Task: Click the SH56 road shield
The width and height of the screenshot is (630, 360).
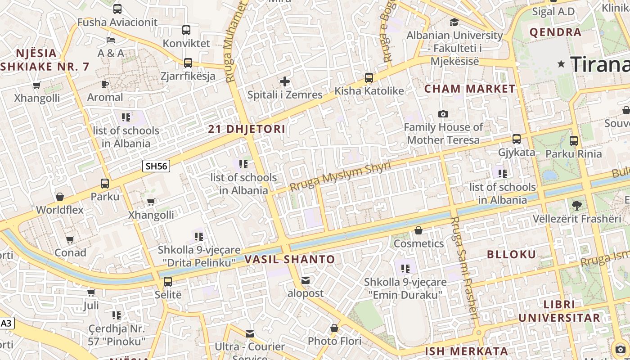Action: tap(156, 166)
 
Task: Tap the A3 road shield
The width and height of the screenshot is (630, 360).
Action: tap(6, 323)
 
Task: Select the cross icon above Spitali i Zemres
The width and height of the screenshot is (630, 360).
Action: tap(285, 81)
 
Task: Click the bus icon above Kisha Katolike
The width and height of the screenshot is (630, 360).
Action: tap(369, 78)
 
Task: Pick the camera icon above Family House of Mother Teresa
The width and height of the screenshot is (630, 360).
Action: tap(443, 114)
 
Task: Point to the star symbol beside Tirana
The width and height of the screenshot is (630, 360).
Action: tap(561, 64)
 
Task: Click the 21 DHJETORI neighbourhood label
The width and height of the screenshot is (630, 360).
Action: tap(247, 129)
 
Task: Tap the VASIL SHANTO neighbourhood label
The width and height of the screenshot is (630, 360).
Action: tap(290, 259)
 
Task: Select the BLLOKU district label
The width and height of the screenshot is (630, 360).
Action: tap(512, 254)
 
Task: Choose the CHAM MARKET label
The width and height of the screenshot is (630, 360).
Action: tap(470, 89)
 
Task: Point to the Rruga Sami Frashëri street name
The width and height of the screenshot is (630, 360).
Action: tap(463, 268)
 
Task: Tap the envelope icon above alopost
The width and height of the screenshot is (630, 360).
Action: tap(306, 281)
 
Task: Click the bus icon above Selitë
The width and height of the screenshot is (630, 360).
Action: tap(168, 282)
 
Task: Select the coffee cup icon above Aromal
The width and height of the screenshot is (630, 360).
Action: tap(105, 84)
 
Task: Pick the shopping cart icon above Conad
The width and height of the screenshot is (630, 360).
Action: tap(70, 240)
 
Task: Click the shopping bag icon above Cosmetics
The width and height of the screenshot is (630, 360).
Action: tap(418, 230)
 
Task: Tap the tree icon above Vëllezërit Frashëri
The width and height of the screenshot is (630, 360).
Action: tap(576, 206)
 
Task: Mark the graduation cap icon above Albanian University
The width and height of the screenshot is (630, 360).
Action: tap(454, 22)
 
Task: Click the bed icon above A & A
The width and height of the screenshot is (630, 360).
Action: tap(111, 40)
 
